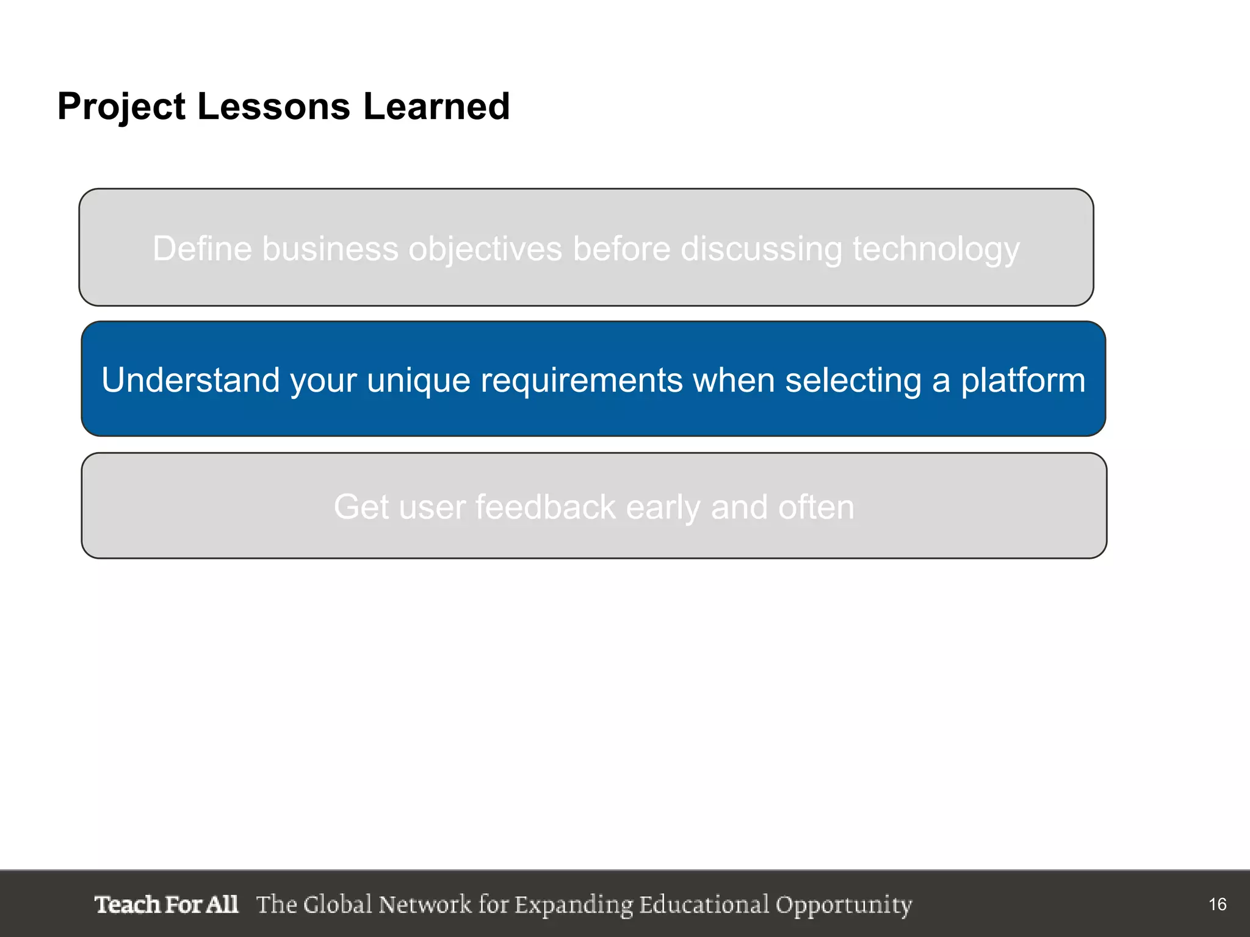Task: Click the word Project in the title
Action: coord(121,107)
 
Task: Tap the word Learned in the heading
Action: coord(436,106)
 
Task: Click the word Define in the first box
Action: coord(202,249)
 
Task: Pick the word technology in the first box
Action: coord(936,249)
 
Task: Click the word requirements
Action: coord(581,380)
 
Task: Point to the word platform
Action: coord(1023,380)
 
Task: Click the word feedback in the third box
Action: coord(546,507)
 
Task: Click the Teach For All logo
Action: coord(166,904)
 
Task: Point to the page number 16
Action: coord(1217,904)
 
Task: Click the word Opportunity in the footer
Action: coord(844,905)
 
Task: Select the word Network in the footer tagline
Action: coord(425,904)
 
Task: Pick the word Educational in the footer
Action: coord(704,904)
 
